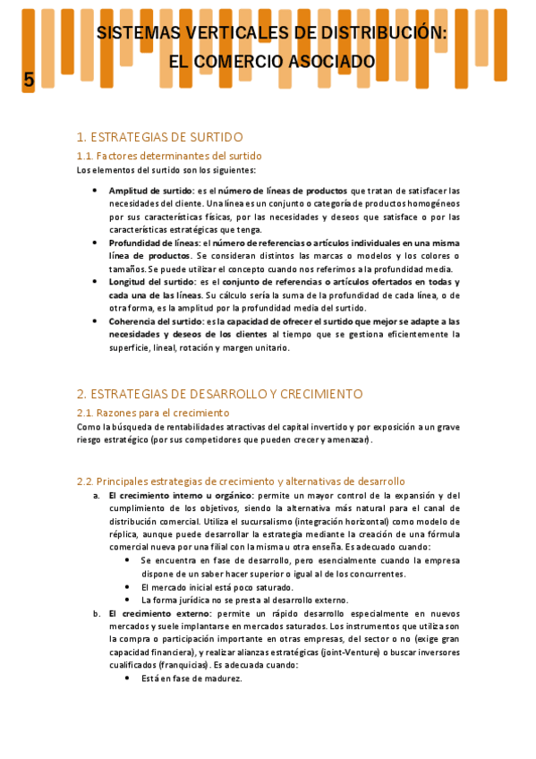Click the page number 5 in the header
pos(29,80)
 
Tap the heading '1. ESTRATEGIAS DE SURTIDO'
pos(159,137)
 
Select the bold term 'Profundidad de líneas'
pos(155,243)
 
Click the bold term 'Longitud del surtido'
pos(151,282)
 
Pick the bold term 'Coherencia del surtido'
pos(156,321)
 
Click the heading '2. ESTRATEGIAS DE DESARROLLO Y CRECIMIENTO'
pos(219,394)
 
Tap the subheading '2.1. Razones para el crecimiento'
pos(153,413)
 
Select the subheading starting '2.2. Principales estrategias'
pos(241,481)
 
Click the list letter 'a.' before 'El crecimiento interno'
pos(97,495)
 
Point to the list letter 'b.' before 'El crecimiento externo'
pos(97,613)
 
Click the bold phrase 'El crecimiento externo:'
pos(160,613)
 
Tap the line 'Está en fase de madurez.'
pos(191,679)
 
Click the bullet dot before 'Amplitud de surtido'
pos(97,191)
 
